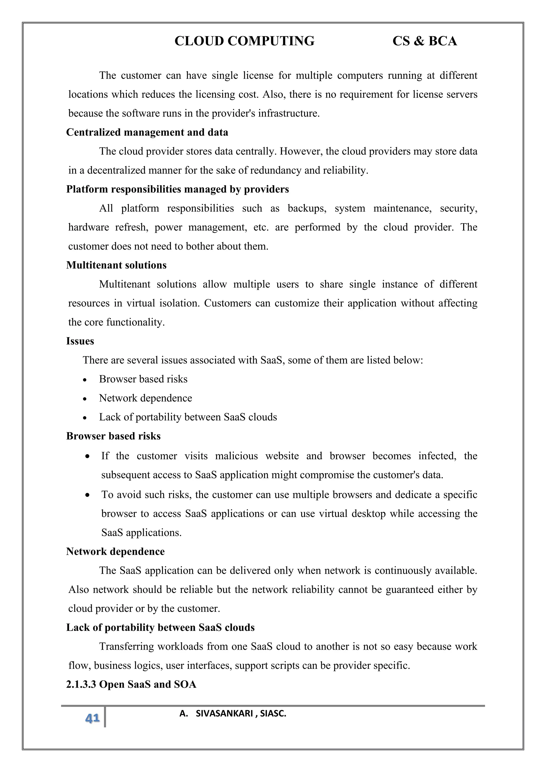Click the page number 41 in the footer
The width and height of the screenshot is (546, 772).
pos(93,718)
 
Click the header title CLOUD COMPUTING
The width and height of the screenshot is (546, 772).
pos(244,41)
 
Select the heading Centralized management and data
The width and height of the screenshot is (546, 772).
pos(147,132)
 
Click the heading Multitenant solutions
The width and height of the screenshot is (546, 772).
pos(116,265)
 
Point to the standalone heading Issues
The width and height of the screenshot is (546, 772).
pos(80,341)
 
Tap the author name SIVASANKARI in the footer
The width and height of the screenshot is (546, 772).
pos(224,714)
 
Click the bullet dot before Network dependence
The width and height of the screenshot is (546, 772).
pos(85,399)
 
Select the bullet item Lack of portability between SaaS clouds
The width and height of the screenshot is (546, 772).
pos(188,417)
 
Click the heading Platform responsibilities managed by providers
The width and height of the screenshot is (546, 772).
pos(178,189)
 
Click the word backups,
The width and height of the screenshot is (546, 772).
pos(307,208)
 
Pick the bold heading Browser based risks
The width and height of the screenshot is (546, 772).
pos(113,436)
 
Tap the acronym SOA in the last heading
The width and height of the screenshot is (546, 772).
pos(185,684)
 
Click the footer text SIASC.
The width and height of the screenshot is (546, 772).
pos(273,714)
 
